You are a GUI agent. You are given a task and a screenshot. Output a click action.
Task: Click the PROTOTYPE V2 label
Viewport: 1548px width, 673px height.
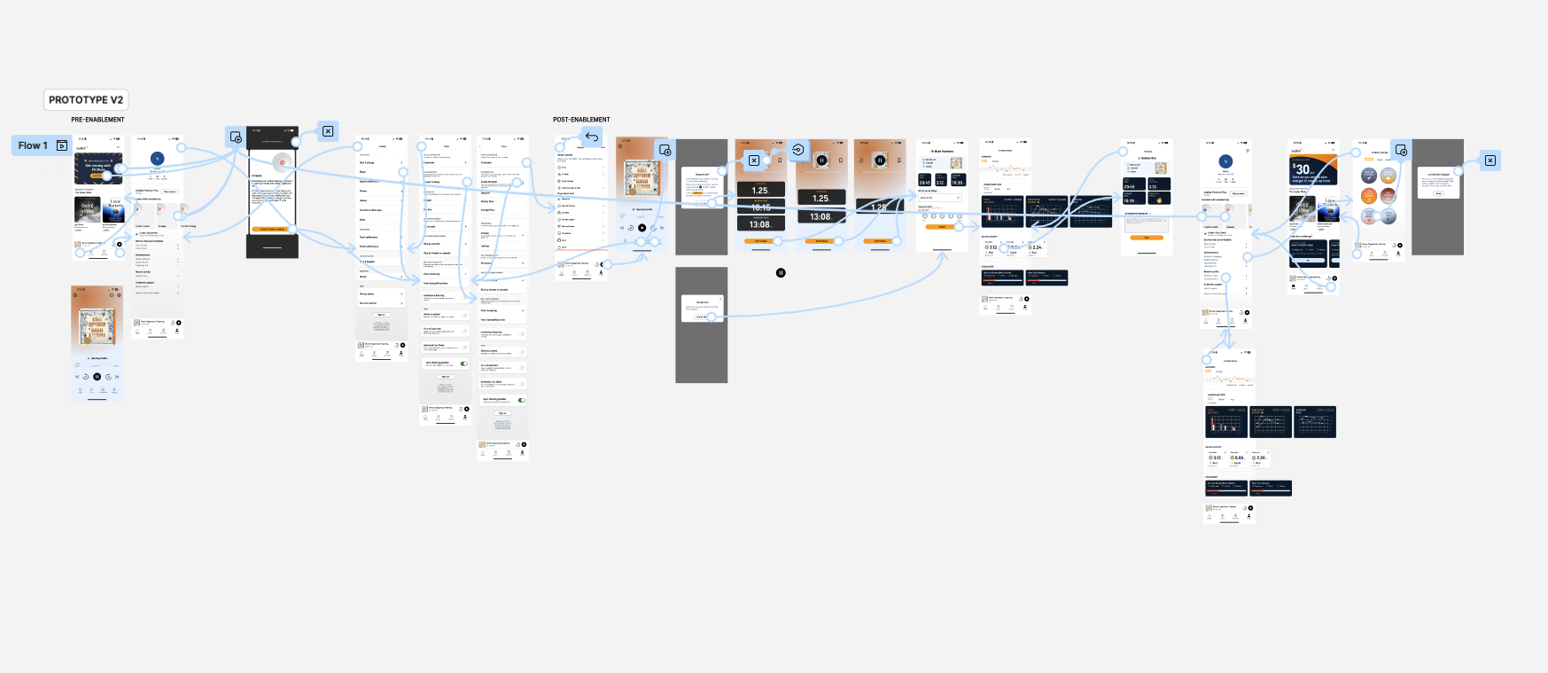pos(85,100)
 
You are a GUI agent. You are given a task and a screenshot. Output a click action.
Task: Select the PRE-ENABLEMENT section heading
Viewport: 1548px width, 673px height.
pos(97,120)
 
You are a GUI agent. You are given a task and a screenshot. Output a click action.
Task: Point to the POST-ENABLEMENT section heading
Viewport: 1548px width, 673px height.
pos(581,120)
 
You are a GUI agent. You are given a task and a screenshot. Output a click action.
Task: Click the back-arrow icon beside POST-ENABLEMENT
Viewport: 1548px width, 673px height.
pos(592,137)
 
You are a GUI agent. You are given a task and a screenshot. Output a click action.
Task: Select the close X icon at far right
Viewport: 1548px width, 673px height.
pos(1490,160)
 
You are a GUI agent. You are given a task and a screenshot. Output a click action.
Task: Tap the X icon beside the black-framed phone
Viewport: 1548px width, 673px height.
pos(328,131)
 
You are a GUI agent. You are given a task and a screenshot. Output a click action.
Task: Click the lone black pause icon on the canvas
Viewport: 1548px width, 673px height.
pos(781,273)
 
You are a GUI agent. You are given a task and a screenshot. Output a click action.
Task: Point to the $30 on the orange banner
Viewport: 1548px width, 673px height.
pos(1301,168)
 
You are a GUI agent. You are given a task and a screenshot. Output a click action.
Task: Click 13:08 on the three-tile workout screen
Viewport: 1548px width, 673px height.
pos(759,224)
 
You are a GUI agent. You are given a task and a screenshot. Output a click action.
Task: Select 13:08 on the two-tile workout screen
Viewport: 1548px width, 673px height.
pos(821,216)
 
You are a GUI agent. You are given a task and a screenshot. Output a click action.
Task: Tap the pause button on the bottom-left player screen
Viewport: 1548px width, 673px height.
pos(97,377)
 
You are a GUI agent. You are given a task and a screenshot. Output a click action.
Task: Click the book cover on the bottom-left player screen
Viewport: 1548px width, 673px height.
pos(97,325)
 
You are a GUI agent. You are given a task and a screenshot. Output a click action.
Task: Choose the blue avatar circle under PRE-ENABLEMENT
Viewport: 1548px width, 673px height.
pos(158,159)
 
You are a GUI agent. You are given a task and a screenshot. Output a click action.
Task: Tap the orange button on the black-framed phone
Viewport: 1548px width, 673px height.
pos(272,230)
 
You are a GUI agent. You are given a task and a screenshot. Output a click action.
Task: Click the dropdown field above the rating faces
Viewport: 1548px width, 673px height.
pos(940,198)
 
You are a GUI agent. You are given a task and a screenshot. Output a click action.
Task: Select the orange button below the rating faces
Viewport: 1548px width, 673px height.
pos(941,227)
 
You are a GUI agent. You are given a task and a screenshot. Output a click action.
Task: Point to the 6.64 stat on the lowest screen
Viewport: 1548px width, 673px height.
pos(1238,458)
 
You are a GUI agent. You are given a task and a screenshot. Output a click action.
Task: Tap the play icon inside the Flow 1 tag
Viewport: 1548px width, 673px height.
pos(62,145)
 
